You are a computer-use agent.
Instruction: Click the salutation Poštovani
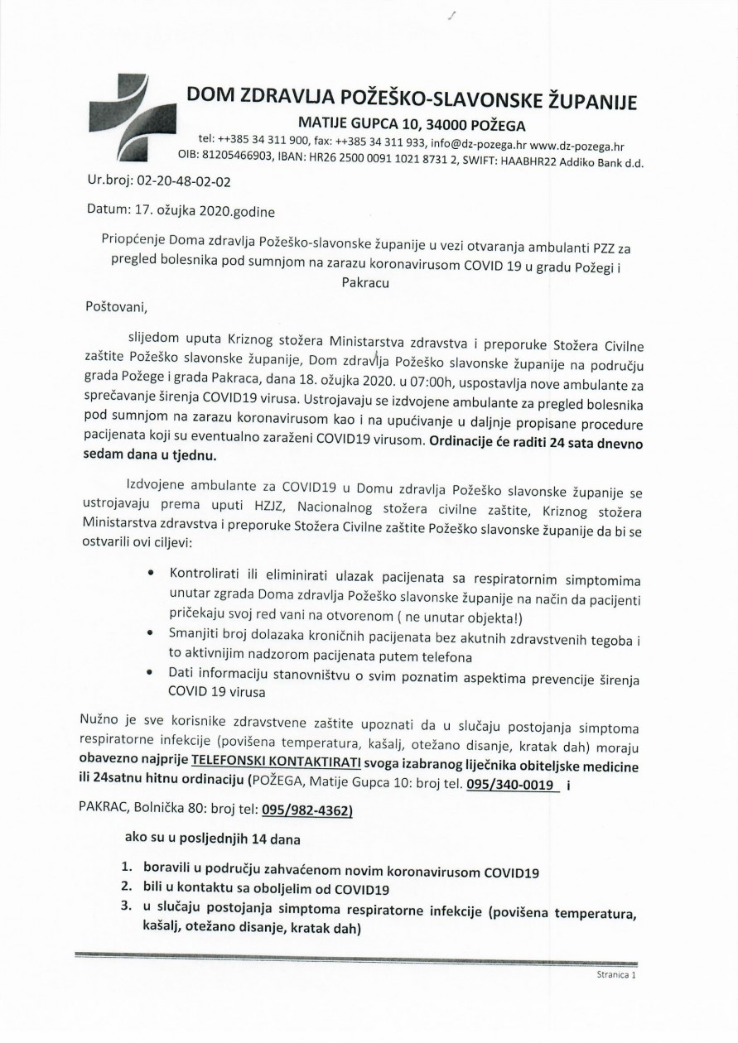tap(116, 307)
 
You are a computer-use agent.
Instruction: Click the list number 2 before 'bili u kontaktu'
tap(127, 892)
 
